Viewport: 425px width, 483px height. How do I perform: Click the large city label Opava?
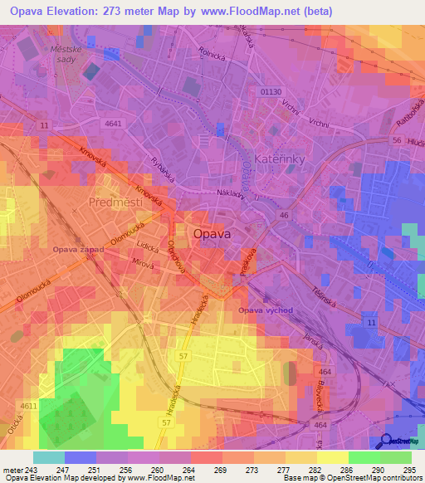coord(212,234)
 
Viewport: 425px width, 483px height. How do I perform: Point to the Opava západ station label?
coord(79,249)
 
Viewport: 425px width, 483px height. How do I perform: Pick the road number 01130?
coord(272,92)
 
